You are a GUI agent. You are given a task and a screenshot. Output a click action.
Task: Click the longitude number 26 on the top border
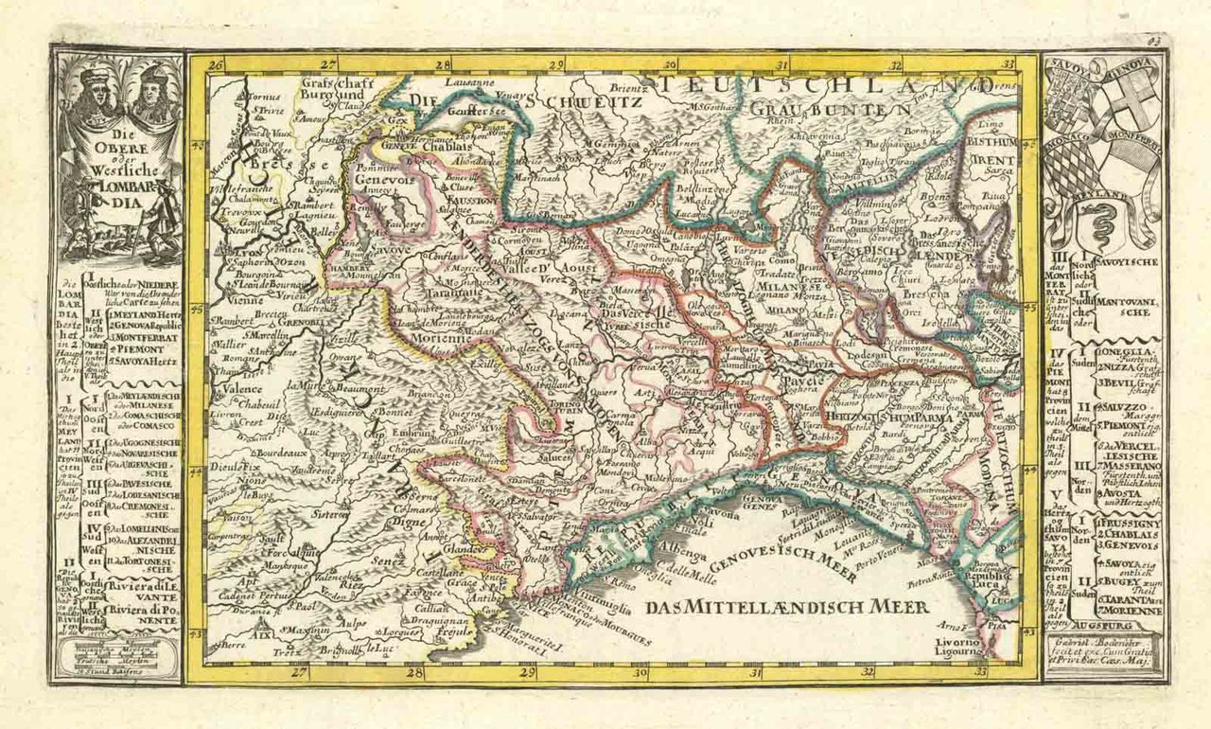(215, 65)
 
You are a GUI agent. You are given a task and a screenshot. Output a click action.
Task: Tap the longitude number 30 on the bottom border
(640, 673)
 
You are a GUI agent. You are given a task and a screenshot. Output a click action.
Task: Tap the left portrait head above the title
(95, 90)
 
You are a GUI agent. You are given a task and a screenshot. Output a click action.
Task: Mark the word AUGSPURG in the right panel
(1103, 626)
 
